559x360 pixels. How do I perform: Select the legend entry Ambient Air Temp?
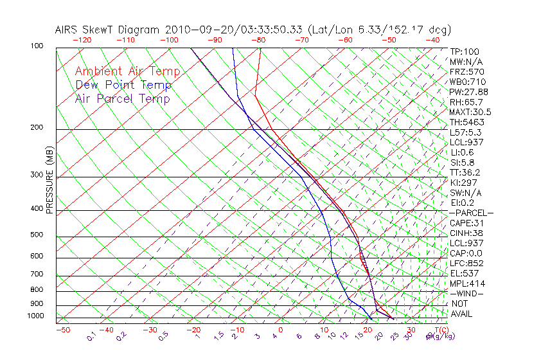(x=127, y=71)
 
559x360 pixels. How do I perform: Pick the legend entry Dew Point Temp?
(x=123, y=85)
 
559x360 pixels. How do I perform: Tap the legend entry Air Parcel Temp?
(x=122, y=98)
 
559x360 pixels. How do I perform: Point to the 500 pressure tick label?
(x=37, y=235)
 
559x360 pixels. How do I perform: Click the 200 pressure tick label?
(x=37, y=128)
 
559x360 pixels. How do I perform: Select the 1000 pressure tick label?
(x=35, y=316)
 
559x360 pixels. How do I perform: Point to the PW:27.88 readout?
(x=469, y=92)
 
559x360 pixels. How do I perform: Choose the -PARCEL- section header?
(x=472, y=213)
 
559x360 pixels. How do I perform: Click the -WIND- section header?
(x=467, y=293)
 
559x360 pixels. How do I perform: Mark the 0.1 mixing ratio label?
(x=91, y=337)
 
